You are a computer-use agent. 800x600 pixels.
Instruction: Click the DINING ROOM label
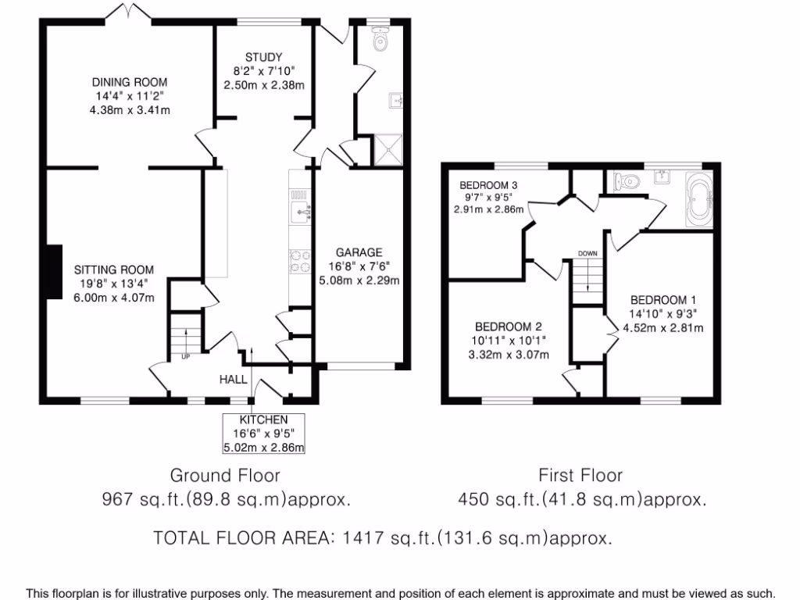coord(130,82)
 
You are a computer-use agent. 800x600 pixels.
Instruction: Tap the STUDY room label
coord(263,57)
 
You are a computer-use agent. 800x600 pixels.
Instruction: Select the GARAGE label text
coord(359,252)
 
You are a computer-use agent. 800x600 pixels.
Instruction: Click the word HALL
coord(234,380)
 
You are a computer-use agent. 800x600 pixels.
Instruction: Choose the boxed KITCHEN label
coord(263,420)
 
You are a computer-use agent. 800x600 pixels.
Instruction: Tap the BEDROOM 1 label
coord(662,299)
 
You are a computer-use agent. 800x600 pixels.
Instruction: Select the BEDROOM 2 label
coord(508,327)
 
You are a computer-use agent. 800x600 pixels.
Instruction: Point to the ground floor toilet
coord(380,39)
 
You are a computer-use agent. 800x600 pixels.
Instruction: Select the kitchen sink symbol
coord(301,212)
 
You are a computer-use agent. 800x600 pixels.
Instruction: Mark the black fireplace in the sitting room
coord(53,272)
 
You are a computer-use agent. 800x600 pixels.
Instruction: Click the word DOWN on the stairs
coord(587,253)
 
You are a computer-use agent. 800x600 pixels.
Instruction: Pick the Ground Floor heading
coord(225,475)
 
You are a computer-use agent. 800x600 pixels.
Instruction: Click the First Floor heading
coord(580,475)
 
